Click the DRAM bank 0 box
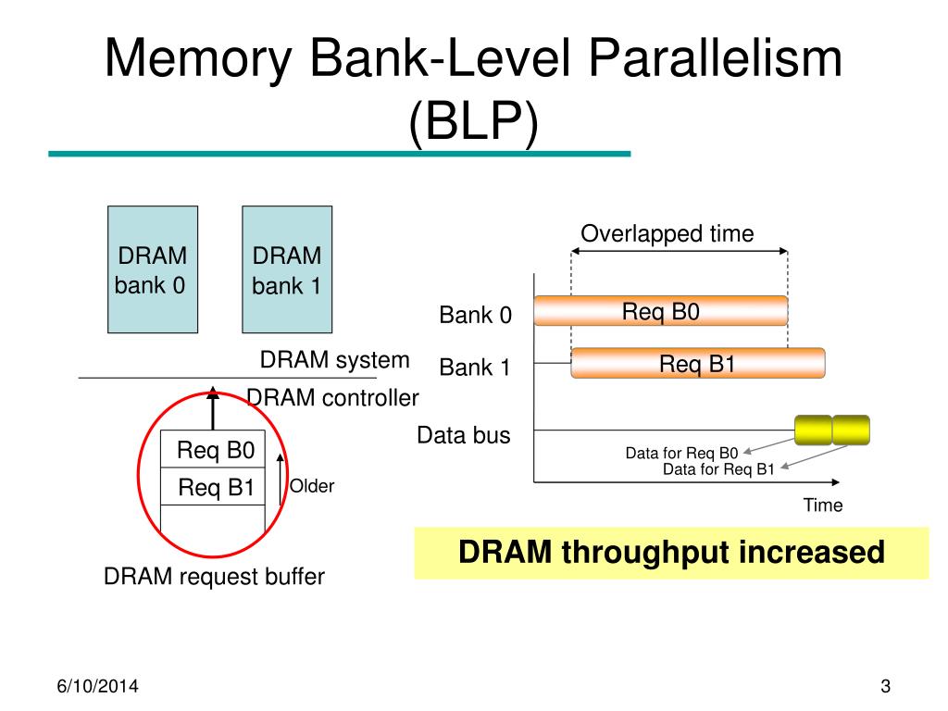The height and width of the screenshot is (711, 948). [x=153, y=269]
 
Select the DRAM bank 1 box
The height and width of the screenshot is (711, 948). [x=287, y=269]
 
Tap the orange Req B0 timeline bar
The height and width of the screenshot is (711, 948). [x=661, y=311]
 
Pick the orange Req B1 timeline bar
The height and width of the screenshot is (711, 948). [x=698, y=363]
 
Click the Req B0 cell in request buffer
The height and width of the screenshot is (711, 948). [x=213, y=449]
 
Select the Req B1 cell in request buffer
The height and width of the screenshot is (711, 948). [x=213, y=487]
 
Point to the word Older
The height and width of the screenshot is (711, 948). [x=311, y=486]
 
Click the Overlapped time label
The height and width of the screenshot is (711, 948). [x=667, y=233]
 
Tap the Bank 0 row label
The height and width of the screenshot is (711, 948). [x=475, y=315]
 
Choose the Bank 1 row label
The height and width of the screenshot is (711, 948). [x=475, y=367]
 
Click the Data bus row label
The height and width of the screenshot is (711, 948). [x=463, y=435]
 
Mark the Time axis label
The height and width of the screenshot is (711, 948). [x=823, y=505]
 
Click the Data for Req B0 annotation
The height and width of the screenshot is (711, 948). [x=681, y=453]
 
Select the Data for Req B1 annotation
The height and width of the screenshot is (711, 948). [x=718, y=469]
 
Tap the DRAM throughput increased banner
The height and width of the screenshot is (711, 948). [x=671, y=553]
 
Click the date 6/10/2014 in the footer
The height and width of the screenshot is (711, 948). [x=97, y=686]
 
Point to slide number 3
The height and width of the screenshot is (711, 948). [x=885, y=686]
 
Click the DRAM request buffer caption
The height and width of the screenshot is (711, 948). [x=214, y=576]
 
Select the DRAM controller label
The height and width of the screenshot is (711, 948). [x=332, y=398]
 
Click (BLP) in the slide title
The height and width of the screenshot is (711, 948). [x=473, y=121]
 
